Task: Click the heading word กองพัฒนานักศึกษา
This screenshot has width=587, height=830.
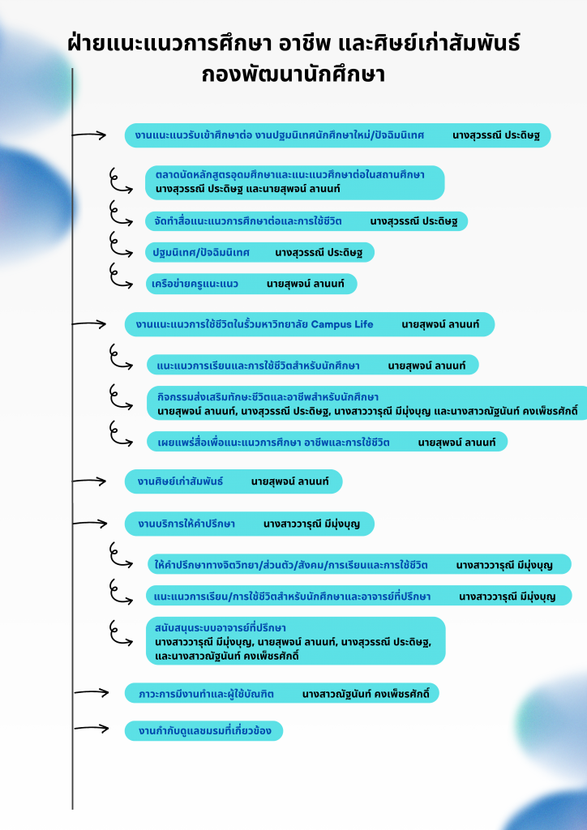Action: [x=293, y=75]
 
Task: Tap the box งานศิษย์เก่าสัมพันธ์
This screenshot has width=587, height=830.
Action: [x=234, y=481]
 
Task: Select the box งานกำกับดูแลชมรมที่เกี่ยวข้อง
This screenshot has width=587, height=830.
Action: [x=204, y=731]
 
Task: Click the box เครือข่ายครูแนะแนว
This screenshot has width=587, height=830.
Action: [x=251, y=284]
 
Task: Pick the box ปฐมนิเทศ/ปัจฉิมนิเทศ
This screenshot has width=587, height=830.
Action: [x=259, y=252]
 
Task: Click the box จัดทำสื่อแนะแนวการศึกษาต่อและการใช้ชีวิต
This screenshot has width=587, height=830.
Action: [x=306, y=220]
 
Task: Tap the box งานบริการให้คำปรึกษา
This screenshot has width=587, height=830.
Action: [x=250, y=524]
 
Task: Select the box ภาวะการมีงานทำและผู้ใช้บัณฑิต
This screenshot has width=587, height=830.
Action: [x=282, y=693]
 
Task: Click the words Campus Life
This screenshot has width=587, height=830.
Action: [x=342, y=324]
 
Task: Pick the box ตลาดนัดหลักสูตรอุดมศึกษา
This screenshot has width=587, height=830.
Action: [x=296, y=181]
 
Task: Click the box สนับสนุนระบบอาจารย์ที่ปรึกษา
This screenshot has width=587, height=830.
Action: [x=296, y=640]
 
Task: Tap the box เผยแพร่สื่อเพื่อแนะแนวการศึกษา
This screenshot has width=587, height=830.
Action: [x=327, y=442]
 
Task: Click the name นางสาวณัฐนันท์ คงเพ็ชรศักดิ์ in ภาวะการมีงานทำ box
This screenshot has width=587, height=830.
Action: [x=370, y=694]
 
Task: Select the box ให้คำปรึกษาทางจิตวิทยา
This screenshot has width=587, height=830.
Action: [x=359, y=564]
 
